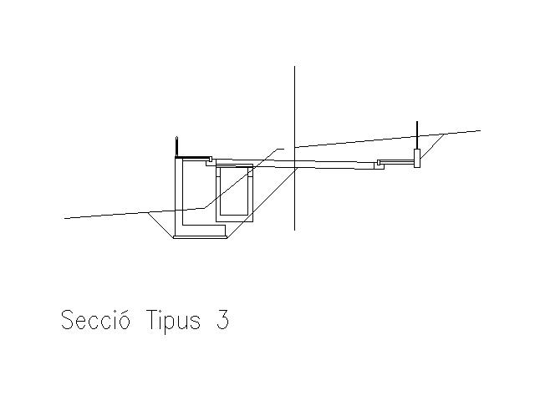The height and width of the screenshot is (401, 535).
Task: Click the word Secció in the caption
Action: coord(95,321)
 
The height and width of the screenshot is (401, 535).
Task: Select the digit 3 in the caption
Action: coord(222,321)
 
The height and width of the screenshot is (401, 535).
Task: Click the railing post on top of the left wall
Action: coord(176,146)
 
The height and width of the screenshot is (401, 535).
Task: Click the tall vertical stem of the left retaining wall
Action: coord(178,196)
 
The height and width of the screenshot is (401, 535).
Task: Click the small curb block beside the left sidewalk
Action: coord(211,160)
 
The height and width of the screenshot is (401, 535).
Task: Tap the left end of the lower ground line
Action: coord(66,218)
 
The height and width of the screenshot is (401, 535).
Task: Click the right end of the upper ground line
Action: coord(479,130)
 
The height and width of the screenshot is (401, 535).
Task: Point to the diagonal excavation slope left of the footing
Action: coord(160,225)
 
